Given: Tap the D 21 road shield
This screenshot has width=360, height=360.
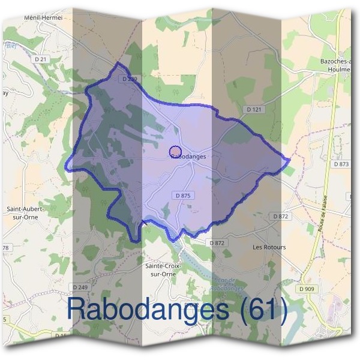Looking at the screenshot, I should point(41,59).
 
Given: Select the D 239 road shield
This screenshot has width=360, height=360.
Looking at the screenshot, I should point(129,79).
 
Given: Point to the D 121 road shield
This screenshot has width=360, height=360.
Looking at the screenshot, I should point(254,109).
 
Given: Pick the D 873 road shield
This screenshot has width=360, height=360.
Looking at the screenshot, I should point(340,164).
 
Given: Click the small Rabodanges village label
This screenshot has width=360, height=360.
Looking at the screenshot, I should point(188,157).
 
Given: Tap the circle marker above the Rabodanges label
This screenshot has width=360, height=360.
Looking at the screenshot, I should point(175,151).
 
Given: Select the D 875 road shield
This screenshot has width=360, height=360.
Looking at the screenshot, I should point(183,196).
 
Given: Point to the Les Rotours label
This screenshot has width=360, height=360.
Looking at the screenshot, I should point(269,247).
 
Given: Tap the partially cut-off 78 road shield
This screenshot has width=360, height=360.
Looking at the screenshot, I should point(5,248).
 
